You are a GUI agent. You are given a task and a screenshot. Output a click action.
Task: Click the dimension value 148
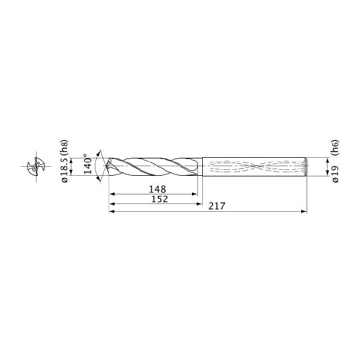(x=157, y=190)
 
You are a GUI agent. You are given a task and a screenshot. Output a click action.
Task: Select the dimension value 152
(x=160, y=199)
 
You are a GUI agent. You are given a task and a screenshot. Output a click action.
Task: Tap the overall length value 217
(x=217, y=206)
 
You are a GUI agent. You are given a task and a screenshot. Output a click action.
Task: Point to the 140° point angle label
(x=88, y=164)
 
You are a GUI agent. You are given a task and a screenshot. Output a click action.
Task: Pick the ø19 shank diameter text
(x=335, y=174)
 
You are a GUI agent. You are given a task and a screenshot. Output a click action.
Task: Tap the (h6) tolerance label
(x=335, y=148)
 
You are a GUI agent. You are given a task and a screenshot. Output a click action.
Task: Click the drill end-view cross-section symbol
(x=36, y=166)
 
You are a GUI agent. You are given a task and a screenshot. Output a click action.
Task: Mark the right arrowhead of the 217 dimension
(x=304, y=211)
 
